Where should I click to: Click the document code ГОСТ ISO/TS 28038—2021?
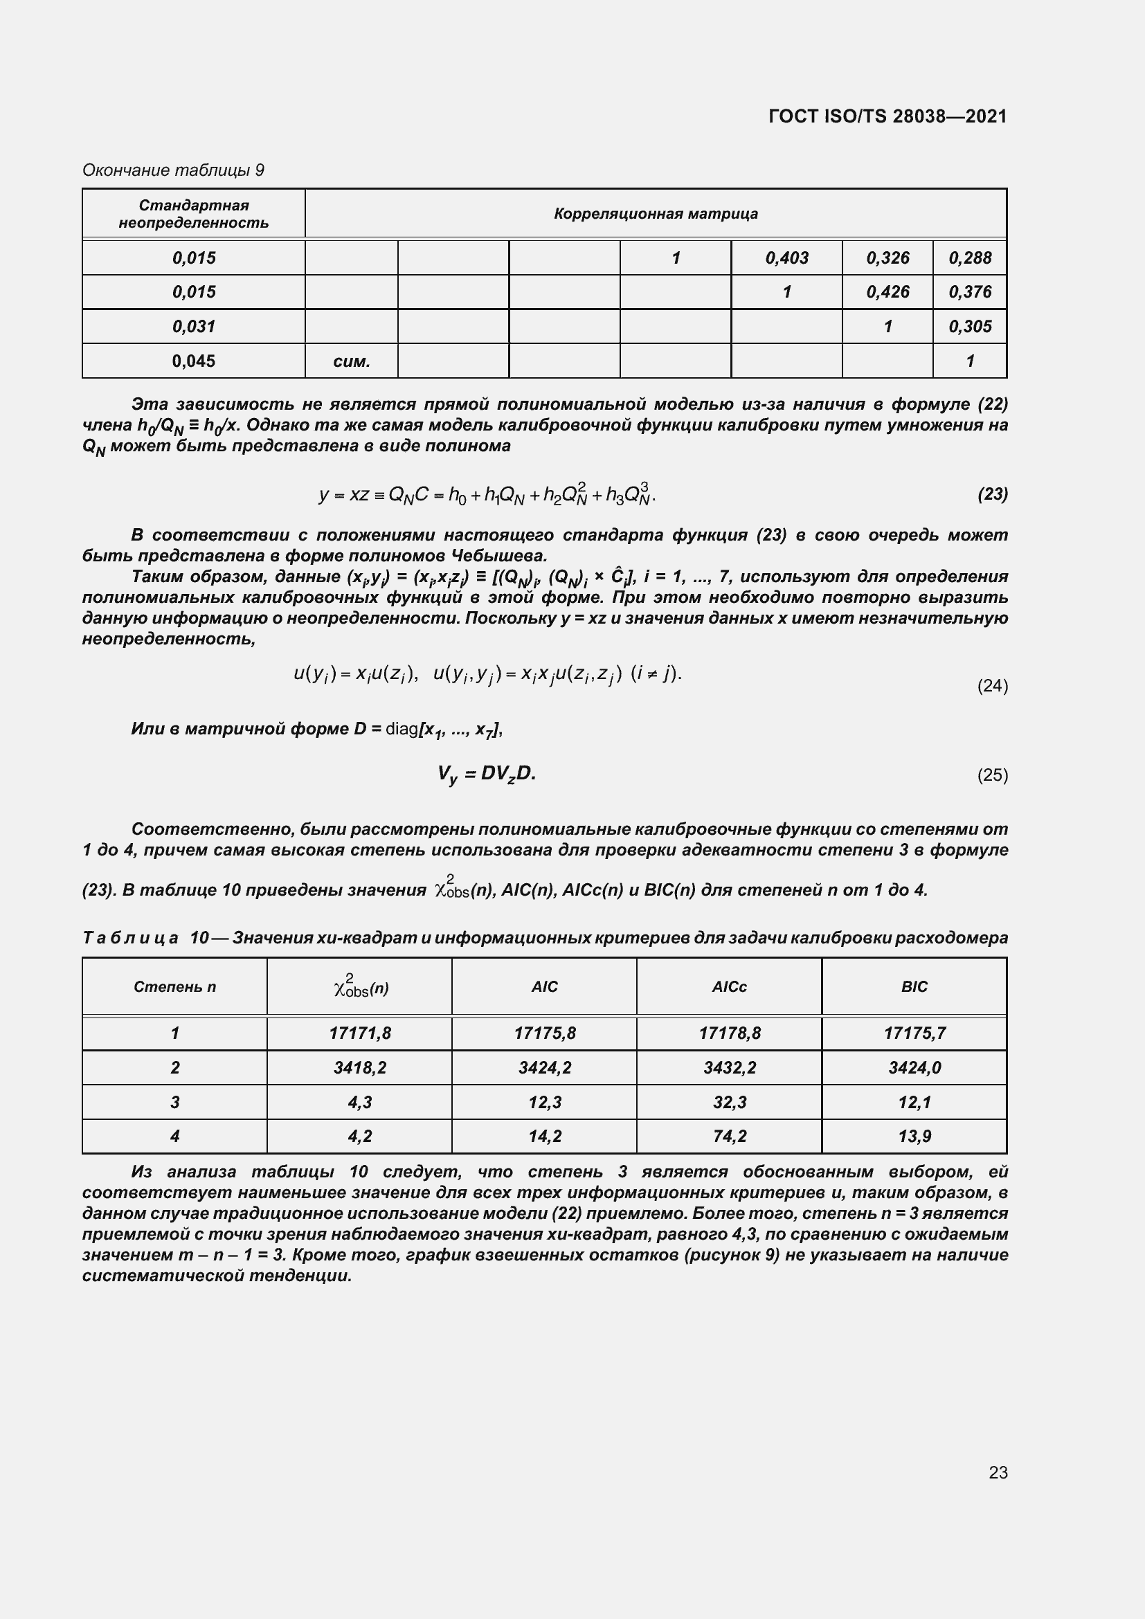887,116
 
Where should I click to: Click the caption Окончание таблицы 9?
174,170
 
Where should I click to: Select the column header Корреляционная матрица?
655,214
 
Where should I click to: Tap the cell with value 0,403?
786,258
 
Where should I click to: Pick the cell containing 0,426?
887,292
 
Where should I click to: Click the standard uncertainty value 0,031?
194,327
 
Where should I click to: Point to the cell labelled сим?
351,361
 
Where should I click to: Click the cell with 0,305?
969,327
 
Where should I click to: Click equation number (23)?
992,494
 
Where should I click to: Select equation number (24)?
992,685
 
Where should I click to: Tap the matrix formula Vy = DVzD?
486,775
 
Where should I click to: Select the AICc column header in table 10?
728,986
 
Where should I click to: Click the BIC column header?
914,986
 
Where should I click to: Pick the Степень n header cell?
175,986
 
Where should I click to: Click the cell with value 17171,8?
359,1033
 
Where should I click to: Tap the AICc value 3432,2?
728,1067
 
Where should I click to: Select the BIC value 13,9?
914,1136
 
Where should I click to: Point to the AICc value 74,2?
728,1136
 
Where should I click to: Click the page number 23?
998,1472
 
